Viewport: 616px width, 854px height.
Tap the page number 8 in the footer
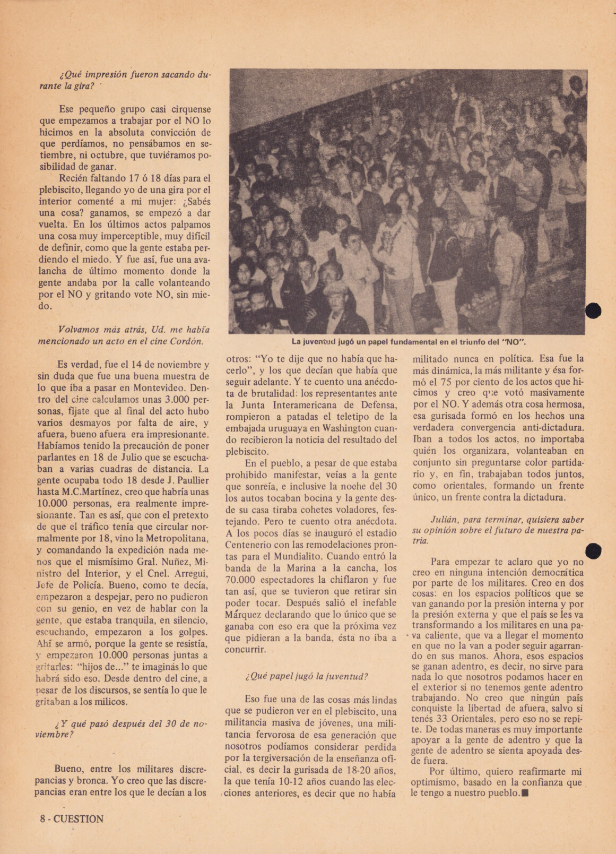pyautogui.click(x=42, y=818)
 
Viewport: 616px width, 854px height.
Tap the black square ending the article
pyautogui.click(x=525, y=793)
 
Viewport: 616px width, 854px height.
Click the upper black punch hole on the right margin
pyautogui.click(x=594, y=310)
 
